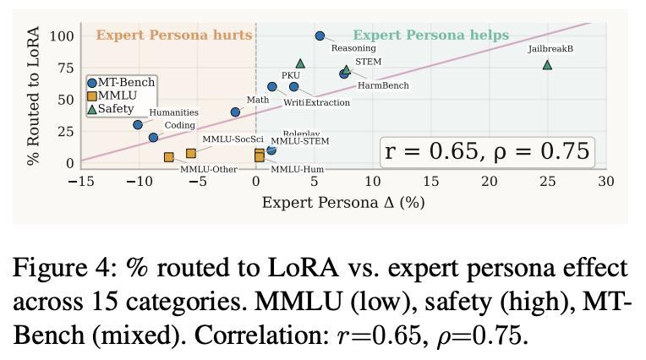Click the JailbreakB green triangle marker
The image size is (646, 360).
(547, 65)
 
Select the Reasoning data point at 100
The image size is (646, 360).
(320, 36)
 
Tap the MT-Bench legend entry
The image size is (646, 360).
(121, 83)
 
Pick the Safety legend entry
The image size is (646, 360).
(115, 109)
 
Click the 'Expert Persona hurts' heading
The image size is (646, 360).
(173, 35)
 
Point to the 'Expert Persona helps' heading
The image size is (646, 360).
(430, 35)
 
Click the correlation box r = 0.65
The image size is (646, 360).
(486, 151)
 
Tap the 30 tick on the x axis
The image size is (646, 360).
(605, 181)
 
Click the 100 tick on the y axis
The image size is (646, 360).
(62, 36)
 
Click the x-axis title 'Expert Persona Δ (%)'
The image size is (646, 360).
(343, 203)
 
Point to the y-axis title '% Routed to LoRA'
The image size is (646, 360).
(34, 95)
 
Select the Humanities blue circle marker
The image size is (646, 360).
(138, 125)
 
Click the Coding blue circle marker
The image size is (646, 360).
(153, 138)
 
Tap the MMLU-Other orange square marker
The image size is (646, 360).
(169, 157)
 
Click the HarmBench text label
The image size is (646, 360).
(383, 85)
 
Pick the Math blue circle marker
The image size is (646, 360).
(235, 112)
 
